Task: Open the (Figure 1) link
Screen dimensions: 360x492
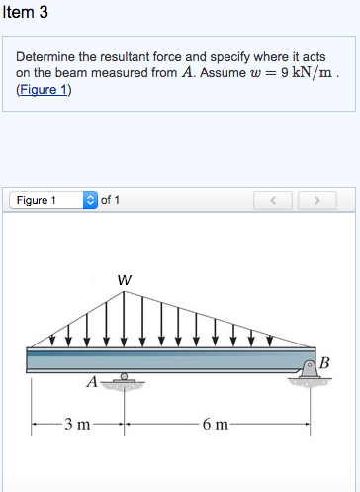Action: coord(45,90)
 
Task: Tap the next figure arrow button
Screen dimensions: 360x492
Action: coord(317,200)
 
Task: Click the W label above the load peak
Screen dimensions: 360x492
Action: coord(123,279)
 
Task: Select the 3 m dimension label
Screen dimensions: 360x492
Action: coord(76,426)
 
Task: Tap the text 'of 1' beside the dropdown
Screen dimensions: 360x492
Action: coord(110,200)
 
